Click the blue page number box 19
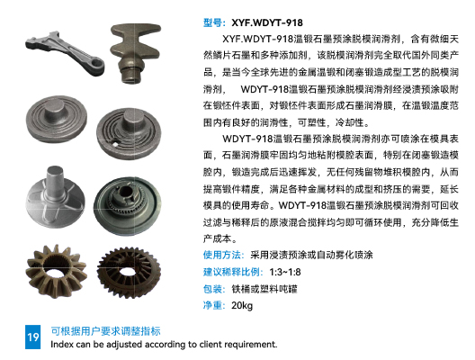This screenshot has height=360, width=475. (32, 337)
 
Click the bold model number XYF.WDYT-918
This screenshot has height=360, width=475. (267, 23)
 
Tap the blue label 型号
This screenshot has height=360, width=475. (214, 23)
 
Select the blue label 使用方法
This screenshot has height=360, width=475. (223, 256)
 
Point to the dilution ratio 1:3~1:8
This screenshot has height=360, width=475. (285, 272)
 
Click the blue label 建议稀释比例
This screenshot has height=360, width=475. (233, 272)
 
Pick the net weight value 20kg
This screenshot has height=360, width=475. (242, 305)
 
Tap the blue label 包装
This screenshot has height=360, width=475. (214, 289)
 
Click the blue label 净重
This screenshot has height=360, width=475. (214, 305)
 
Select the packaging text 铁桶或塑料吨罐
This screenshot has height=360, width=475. (264, 289)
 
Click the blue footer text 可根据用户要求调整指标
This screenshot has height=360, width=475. (105, 331)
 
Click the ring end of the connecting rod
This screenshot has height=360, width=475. (96, 66)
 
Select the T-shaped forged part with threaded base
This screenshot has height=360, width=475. (135, 53)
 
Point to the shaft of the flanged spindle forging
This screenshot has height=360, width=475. (55, 180)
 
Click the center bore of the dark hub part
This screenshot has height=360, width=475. (125, 192)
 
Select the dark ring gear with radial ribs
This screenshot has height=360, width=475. (129, 272)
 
